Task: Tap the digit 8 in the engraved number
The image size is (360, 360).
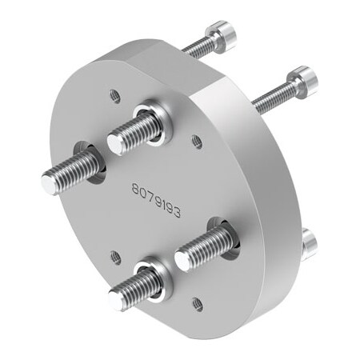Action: tap(137, 190)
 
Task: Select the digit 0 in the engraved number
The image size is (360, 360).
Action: tap(144, 194)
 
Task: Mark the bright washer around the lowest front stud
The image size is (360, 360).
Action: tap(158, 274)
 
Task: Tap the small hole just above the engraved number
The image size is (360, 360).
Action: tap(197, 142)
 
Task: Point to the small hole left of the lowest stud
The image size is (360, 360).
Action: tap(116, 257)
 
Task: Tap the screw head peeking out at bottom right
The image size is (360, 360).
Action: tap(309, 242)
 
